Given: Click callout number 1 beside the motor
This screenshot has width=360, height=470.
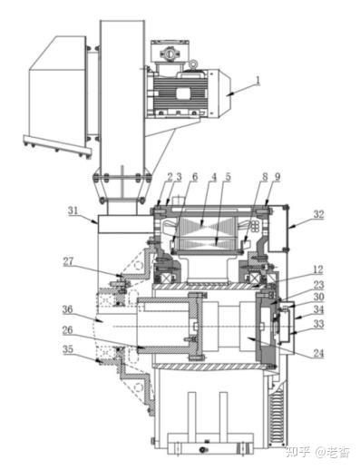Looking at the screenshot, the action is pyautogui.click(x=258, y=80).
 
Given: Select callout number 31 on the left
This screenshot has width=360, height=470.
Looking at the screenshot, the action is pyautogui.click(x=73, y=211).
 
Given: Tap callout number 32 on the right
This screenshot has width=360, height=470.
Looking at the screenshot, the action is pyautogui.click(x=318, y=214).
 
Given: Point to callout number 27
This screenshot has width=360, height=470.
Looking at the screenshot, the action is pyautogui.click(x=68, y=261).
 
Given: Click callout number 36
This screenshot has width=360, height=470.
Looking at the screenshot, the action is pyautogui.click(x=67, y=309).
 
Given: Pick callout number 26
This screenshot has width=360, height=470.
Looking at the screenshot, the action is pyautogui.click(x=67, y=330).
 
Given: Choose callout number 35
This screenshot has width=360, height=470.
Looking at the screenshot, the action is pyautogui.click(x=68, y=349).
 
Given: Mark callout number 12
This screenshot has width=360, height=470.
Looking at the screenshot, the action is pyautogui.click(x=318, y=269).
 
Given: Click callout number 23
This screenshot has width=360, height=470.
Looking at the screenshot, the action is pyautogui.click(x=318, y=285).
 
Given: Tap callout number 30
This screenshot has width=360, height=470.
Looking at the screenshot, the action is pyautogui.click(x=318, y=297).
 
